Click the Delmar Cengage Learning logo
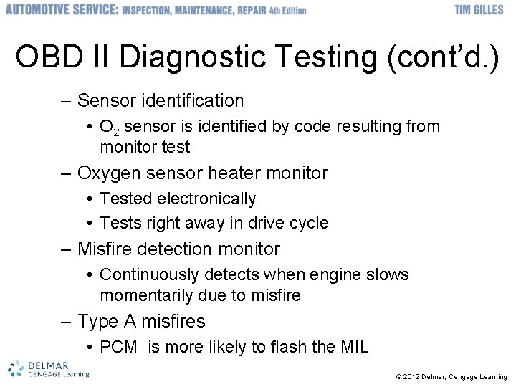point(49,368)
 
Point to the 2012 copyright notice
point(451,377)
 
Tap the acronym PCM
point(119,348)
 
